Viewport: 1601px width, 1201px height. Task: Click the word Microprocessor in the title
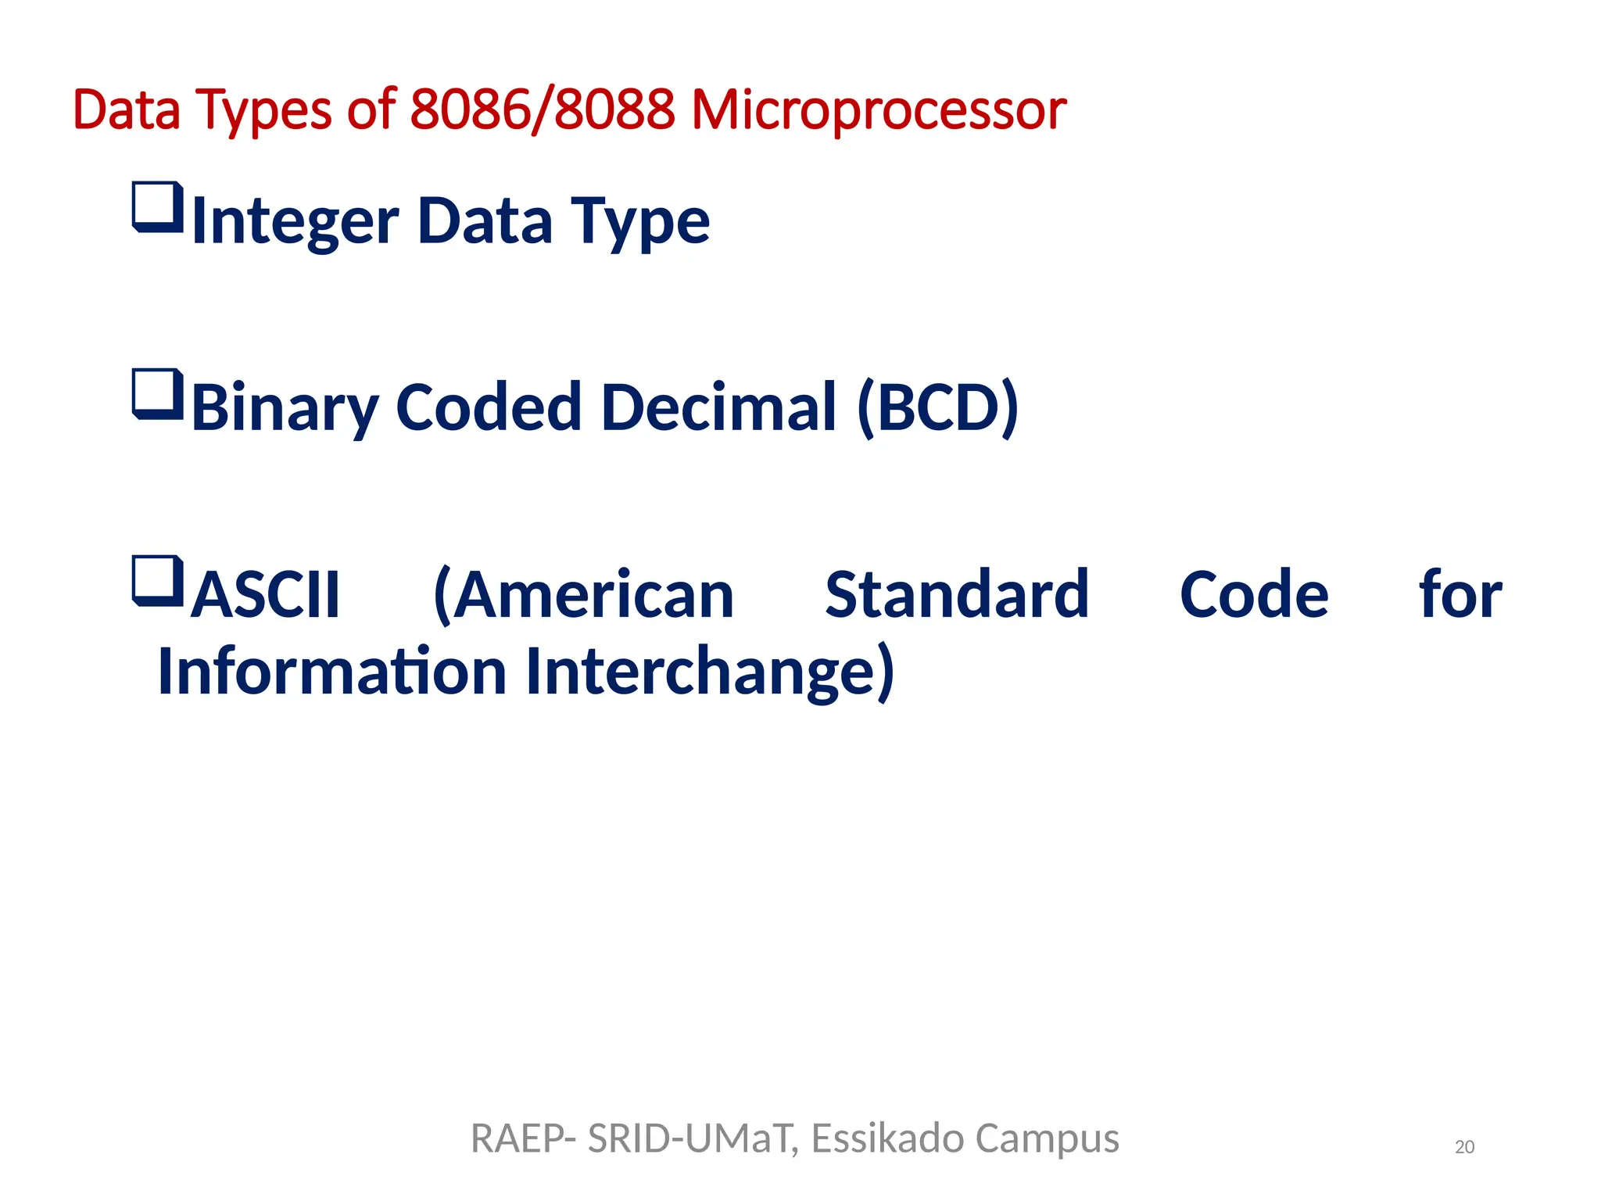[x=878, y=109]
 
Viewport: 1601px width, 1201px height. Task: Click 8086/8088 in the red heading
[x=542, y=109]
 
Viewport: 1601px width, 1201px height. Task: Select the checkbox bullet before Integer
[x=158, y=207]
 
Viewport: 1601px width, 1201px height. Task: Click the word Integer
[x=295, y=222]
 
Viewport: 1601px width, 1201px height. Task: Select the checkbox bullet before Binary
[x=158, y=394]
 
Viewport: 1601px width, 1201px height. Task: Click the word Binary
[x=285, y=408]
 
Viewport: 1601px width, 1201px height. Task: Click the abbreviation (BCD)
[x=937, y=407]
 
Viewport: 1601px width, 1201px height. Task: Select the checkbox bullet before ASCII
[x=158, y=581]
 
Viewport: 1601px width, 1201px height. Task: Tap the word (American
[x=583, y=594]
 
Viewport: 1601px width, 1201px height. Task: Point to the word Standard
[x=956, y=594]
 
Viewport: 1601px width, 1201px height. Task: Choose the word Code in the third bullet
[x=1253, y=594]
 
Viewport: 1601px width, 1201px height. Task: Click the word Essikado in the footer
[x=887, y=1138]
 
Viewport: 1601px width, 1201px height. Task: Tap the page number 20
[x=1464, y=1147]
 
